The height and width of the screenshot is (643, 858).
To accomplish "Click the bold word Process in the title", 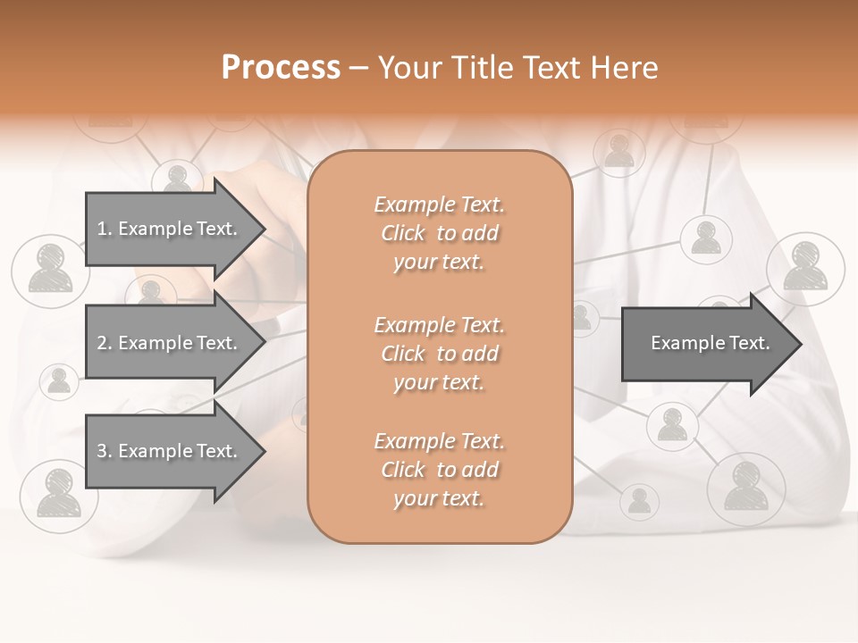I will coord(281,68).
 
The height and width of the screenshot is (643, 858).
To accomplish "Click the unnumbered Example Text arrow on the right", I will coord(710,343).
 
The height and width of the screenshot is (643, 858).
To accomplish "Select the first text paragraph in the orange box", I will coord(439,233).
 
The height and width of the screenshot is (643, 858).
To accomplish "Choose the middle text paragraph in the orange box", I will coord(439,354).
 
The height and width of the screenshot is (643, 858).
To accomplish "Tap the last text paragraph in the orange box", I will coord(439,470).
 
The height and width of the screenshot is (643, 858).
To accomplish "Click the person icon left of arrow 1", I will coord(49,271).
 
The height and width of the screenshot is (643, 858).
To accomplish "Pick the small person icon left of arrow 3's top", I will coord(59,381).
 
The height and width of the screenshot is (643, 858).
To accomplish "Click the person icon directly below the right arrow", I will coord(671,426).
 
